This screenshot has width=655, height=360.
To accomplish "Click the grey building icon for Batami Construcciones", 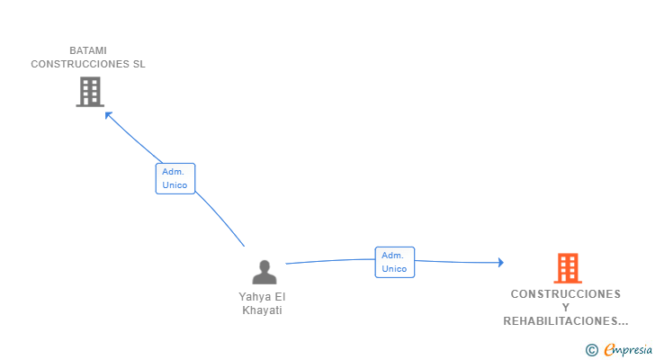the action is click(x=90, y=92).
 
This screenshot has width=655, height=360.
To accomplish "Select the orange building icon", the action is click(x=568, y=267).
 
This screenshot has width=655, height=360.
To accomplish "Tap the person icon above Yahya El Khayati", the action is click(x=265, y=272).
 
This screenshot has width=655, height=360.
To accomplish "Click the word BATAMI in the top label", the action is click(x=88, y=50).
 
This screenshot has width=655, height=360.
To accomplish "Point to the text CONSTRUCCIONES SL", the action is click(x=88, y=64).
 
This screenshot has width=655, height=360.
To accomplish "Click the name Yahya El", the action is click(x=262, y=297).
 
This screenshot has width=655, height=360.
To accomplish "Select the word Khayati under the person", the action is click(x=262, y=310).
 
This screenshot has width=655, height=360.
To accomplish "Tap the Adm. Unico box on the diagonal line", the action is click(x=175, y=178).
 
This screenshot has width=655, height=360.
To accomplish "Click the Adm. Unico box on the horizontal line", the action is click(x=394, y=262).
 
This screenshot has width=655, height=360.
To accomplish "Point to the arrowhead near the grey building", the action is click(x=108, y=114).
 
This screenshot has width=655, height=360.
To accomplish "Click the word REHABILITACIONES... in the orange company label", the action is click(x=565, y=321).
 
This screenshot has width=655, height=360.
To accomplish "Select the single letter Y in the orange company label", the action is click(x=565, y=308).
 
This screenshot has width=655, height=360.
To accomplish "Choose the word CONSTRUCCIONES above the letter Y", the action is click(x=565, y=294).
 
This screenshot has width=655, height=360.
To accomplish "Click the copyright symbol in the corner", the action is click(x=591, y=350).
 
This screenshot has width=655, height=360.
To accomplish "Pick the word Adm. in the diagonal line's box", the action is click(x=174, y=171).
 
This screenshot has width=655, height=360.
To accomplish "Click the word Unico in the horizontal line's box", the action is click(x=394, y=269).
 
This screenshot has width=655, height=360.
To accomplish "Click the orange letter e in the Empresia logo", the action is click(x=609, y=350).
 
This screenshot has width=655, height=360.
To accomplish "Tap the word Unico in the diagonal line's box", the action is click(x=175, y=185).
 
